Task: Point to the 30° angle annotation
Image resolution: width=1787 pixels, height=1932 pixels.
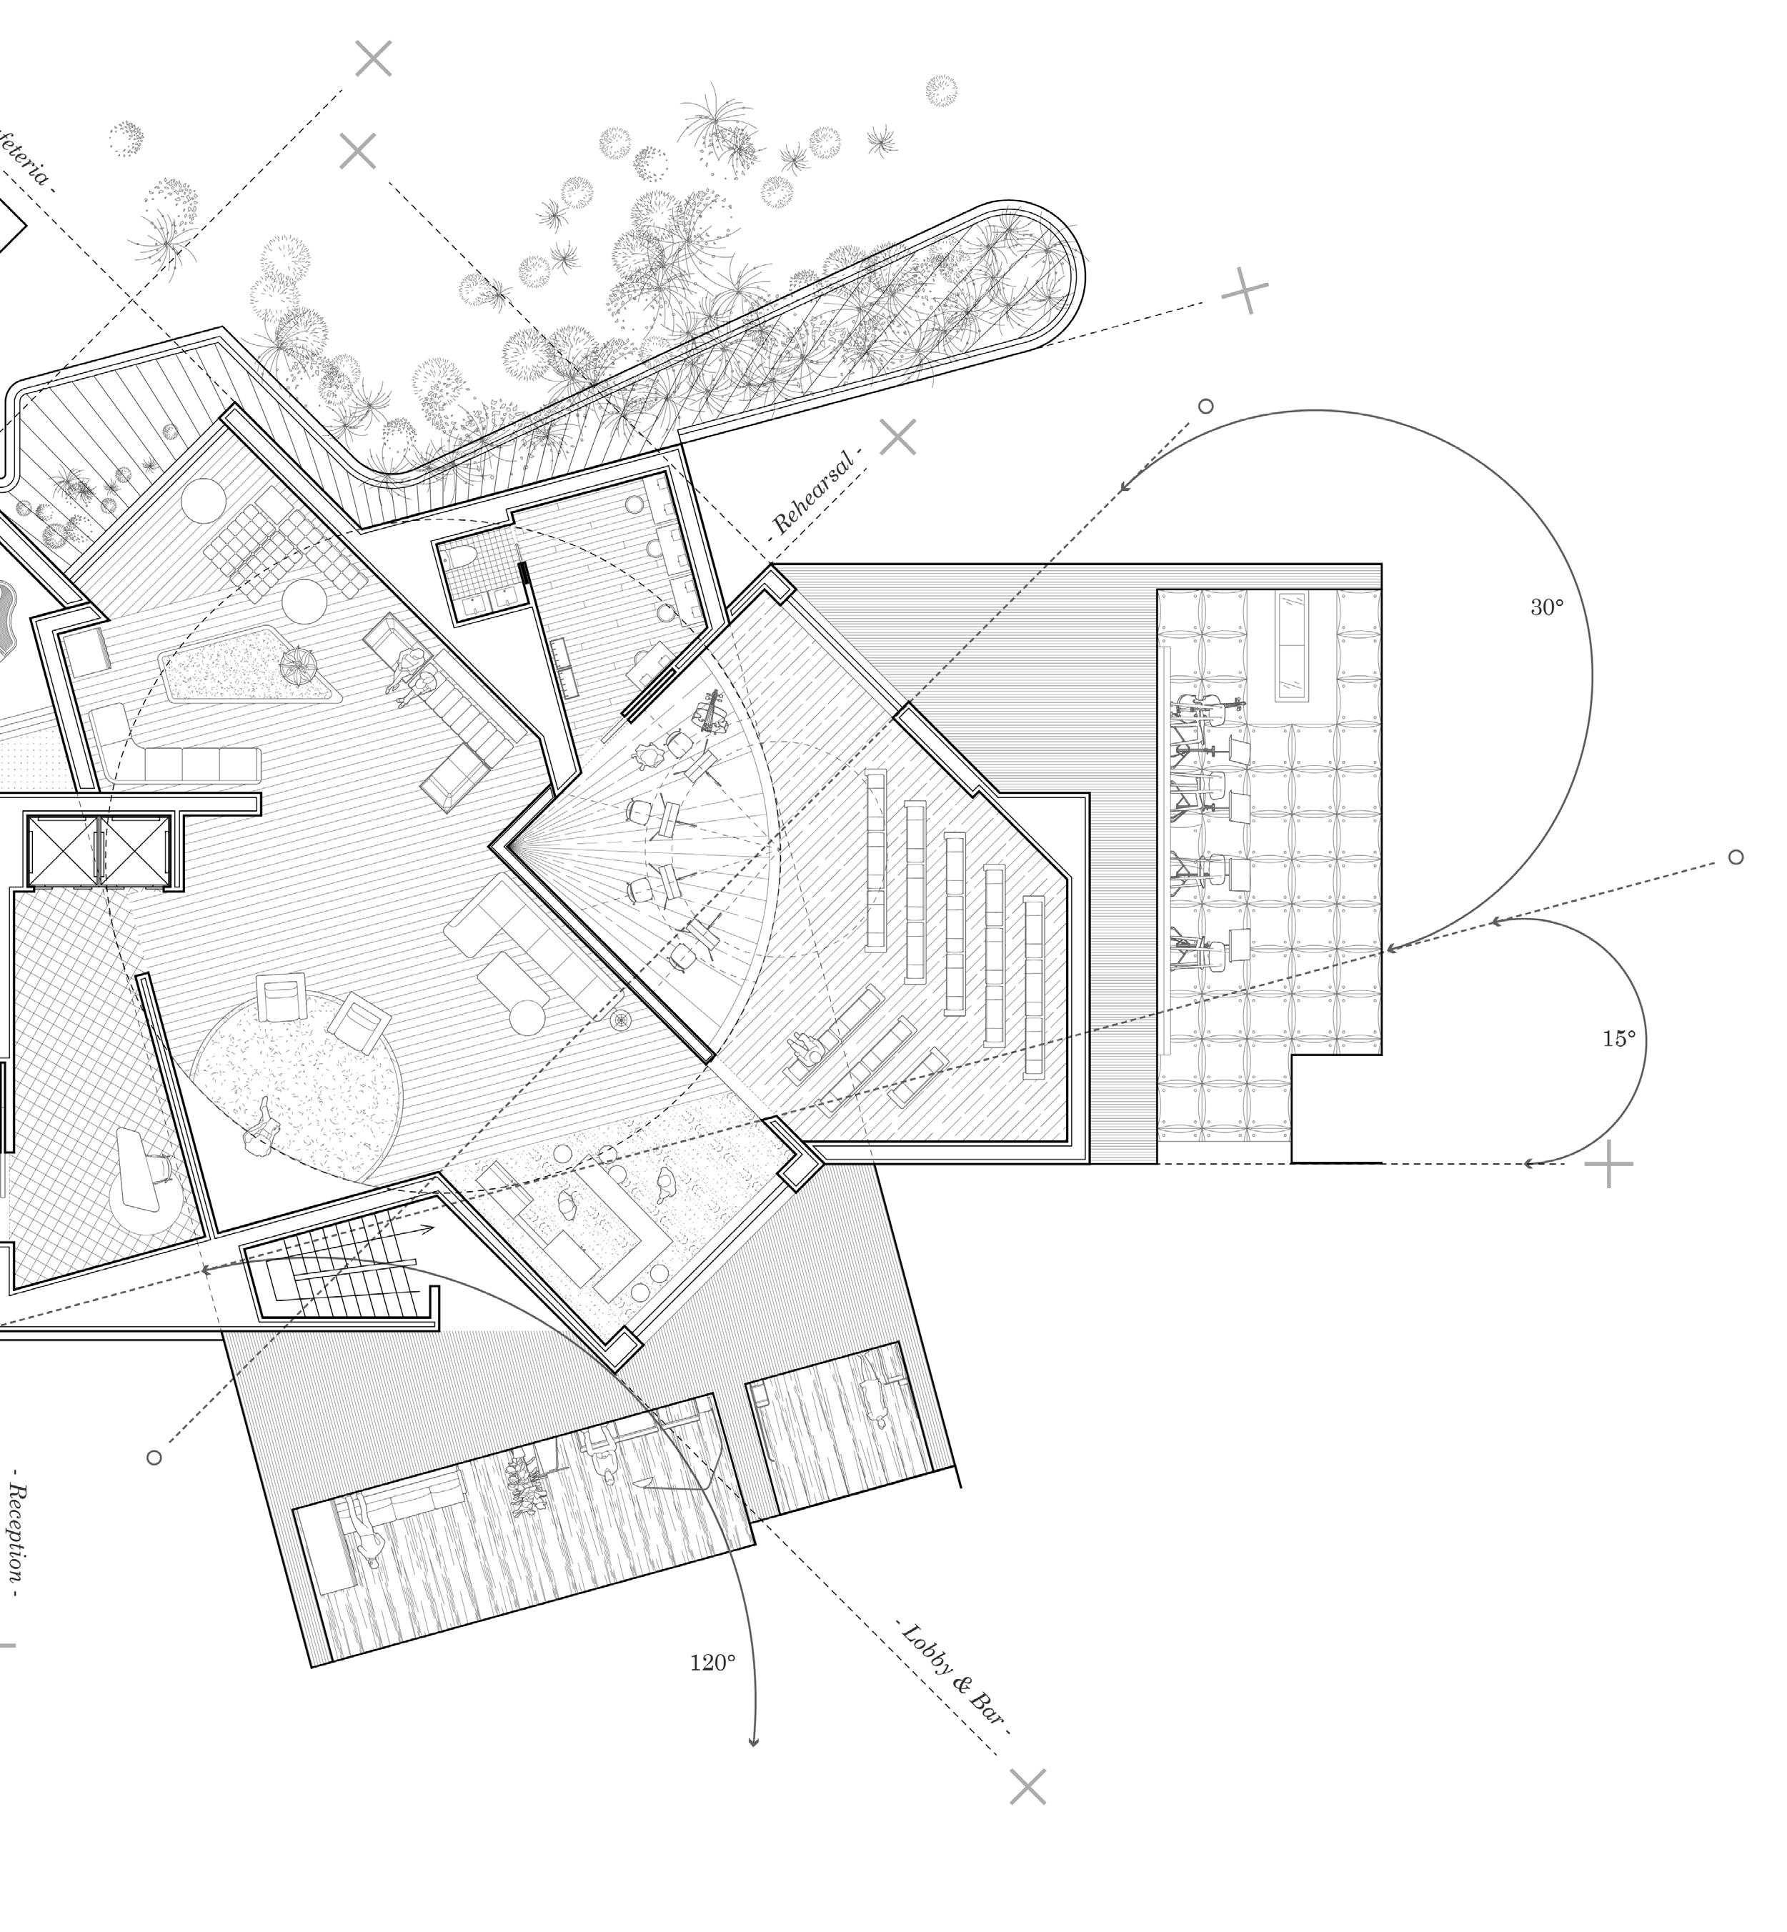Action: [1546, 607]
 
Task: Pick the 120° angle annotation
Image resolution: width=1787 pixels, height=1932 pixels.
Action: [712, 1662]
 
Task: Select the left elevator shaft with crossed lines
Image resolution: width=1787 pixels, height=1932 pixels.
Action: [64, 851]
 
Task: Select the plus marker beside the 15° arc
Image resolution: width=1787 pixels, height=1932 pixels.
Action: [1608, 1163]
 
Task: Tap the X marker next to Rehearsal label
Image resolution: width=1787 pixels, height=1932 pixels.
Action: [898, 437]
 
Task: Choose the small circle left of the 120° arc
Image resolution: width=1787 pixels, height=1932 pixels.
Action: [154, 1458]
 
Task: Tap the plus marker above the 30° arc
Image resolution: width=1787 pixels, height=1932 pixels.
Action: [1245, 289]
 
